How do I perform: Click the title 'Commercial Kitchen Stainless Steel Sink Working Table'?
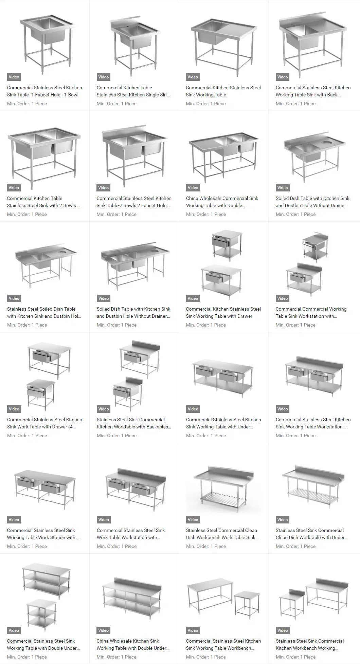click(x=223, y=91)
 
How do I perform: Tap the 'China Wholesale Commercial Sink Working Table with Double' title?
click(x=222, y=202)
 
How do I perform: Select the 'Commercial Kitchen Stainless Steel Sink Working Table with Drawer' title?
click(x=223, y=312)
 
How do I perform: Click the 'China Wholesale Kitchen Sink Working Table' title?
click(x=133, y=644)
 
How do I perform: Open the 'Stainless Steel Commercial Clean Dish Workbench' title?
click(x=222, y=534)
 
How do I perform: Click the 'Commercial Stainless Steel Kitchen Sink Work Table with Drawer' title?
click(x=44, y=423)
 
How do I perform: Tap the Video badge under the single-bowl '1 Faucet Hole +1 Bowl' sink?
click(x=14, y=77)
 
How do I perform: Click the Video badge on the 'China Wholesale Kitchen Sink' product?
click(x=104, y=630)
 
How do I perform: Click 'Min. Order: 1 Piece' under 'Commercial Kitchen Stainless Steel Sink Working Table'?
click(x=206, y=104)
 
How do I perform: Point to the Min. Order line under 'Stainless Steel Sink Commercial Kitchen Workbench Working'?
click(x=295, y=657)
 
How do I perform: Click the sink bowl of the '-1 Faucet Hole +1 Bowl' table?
click(x=48, y=31)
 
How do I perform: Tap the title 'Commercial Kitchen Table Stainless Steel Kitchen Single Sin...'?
click(x=133, y=91)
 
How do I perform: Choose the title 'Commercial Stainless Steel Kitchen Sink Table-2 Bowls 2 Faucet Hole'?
click(x=134, y=202)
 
